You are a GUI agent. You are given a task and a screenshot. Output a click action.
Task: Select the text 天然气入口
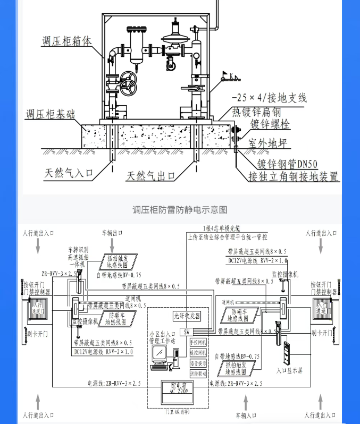tap(69, 173)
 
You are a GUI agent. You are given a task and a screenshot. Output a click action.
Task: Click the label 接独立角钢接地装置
tap(294, 177)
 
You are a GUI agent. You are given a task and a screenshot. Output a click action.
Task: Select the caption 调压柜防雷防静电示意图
tap(180, 210)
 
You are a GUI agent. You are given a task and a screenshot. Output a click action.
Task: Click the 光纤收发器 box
tap(187, 316)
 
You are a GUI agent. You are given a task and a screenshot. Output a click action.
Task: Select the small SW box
tap(187, 332)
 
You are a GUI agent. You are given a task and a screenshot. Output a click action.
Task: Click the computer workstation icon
tap(160, 356)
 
